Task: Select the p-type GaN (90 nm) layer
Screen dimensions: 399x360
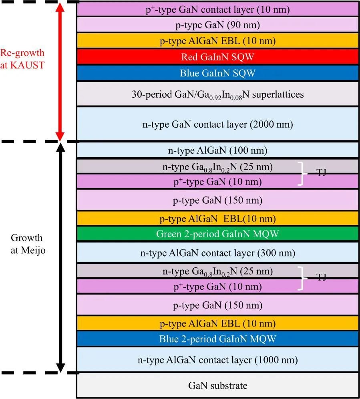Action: (217, 25)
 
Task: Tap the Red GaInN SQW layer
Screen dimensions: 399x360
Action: (217, 57)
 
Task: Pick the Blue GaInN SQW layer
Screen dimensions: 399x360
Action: (217, 73)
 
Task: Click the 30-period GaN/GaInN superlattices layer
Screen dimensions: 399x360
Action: (217, 94)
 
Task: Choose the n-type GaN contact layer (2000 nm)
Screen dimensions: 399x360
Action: (217, 124)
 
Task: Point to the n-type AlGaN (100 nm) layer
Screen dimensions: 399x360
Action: (217, 150)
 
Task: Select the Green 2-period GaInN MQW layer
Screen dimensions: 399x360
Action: (217, 233)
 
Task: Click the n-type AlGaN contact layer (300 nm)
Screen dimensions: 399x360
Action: (217, 253)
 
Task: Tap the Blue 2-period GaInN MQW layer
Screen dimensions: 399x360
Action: (217, 339)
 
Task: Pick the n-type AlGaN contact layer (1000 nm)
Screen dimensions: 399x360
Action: (217, 360)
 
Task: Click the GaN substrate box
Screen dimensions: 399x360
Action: (217, 385)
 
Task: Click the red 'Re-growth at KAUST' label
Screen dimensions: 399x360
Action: (22, 59)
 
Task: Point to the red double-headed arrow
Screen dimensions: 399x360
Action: (60, 71)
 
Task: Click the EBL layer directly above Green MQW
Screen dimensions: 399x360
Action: (217, 219)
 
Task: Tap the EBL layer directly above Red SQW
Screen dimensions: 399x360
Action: (217, 41)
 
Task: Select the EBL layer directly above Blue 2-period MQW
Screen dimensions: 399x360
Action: (217, 323)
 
